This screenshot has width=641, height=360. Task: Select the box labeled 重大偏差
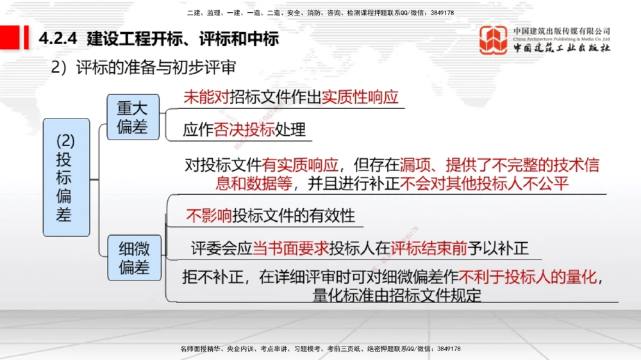[x=132, y=118]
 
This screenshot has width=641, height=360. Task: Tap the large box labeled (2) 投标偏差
[x=65, y=177]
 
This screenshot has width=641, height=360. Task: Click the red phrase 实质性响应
[x=360, y=97]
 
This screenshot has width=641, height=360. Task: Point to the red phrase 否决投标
[x=244, y=130]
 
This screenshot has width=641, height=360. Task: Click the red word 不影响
[x=208, y=215]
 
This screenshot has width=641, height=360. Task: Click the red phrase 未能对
[x=205, y=97]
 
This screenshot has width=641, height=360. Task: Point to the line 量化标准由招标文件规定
[x=397, y=295]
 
